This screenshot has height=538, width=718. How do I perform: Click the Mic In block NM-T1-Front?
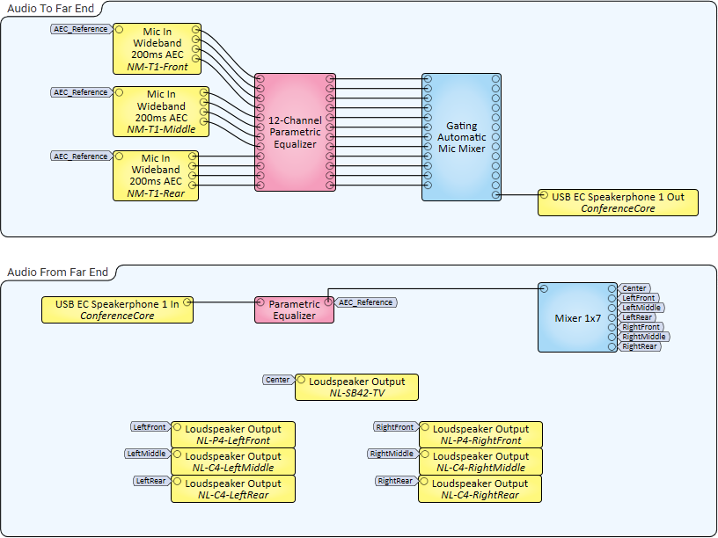157,48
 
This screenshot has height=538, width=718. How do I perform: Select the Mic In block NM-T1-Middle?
160,112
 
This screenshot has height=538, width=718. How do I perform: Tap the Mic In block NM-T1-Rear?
155,176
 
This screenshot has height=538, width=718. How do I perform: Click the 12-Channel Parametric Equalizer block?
295,132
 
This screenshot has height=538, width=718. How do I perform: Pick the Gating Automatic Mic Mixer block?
461,137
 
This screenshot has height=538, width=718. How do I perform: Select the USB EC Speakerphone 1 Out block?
618,202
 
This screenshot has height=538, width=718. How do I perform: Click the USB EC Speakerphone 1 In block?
117,309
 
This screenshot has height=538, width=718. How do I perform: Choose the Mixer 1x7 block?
577,317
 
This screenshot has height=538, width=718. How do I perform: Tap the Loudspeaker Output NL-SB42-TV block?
356,387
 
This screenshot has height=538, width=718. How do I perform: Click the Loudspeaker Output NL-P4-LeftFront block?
233,434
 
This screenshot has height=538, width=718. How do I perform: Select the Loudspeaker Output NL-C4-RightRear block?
480,489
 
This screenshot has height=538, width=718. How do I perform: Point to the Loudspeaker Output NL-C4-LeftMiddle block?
233,462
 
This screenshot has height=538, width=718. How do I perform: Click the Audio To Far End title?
50,8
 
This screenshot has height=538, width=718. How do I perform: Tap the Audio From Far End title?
57,273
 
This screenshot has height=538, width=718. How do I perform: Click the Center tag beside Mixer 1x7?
634,288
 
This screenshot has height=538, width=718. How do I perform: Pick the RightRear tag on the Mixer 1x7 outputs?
640,346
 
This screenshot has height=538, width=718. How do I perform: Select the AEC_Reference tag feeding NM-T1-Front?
81,29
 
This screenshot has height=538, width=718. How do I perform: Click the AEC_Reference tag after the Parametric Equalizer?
365,302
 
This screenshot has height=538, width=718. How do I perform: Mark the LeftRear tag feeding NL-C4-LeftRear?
150,481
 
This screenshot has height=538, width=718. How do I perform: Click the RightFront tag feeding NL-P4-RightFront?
394,427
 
